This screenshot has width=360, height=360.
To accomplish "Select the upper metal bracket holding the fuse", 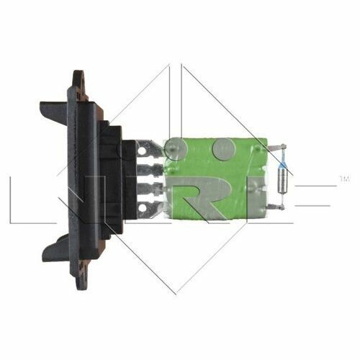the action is point(276,148).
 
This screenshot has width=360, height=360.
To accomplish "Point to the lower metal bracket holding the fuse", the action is point(276,206).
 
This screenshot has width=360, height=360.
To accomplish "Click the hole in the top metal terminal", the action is point(143,150).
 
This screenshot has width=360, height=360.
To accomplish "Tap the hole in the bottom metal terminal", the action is point(143,208).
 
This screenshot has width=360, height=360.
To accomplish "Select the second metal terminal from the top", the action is point(150,170).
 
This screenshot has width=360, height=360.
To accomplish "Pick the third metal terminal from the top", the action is point(150,189).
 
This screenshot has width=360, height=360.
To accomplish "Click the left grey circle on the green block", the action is point(176,149).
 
